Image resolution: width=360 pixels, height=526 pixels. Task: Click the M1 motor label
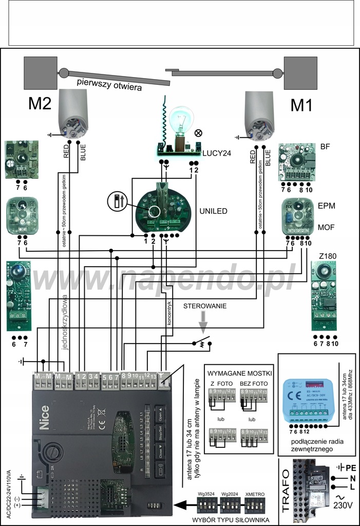pos(302,105)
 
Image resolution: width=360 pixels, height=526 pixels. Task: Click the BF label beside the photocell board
pos(325,146)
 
